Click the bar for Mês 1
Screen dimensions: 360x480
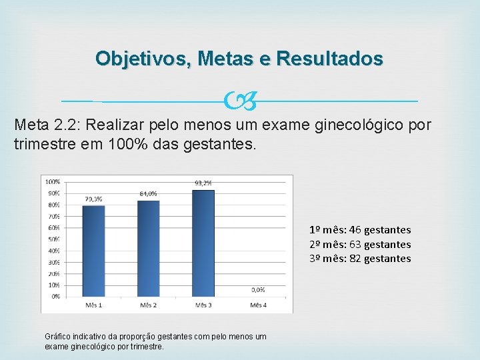93,251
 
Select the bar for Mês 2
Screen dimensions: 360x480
148,248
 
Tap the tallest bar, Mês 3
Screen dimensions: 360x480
203,243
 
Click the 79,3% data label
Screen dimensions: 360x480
93,199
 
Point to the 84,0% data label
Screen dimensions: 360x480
148,193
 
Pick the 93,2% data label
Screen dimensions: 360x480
203,183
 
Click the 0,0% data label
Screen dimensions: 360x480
258,289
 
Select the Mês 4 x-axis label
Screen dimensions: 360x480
258,305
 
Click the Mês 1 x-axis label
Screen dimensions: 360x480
93,305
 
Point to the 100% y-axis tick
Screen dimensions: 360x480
52,181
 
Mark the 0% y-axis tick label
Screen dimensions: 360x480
55,296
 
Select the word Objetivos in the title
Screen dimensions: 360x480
139,59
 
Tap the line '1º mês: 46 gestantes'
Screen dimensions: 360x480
359,230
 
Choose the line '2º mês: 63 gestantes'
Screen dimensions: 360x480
359,245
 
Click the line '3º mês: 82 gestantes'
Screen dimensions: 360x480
359,259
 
